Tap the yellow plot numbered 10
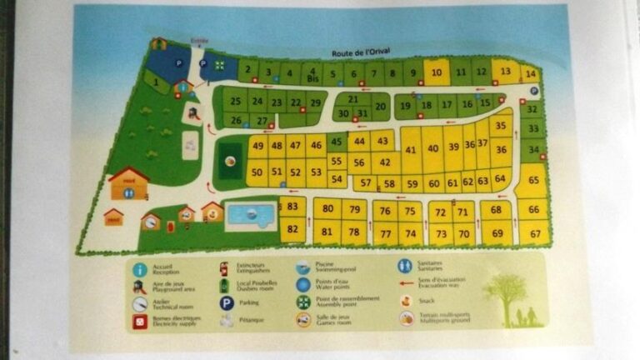tap(436, 72)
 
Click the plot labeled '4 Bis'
tap(310, 72)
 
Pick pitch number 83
tap(292, 206)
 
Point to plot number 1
tap(157, 82)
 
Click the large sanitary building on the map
tap(128, 185)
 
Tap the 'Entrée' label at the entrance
tap(199, 40)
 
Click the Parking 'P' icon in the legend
tap(226, 304)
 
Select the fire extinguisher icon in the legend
tap(224, 268)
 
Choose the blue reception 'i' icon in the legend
tap(140, 270)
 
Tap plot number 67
tap(534, 234)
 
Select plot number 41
tap(412, 151)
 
